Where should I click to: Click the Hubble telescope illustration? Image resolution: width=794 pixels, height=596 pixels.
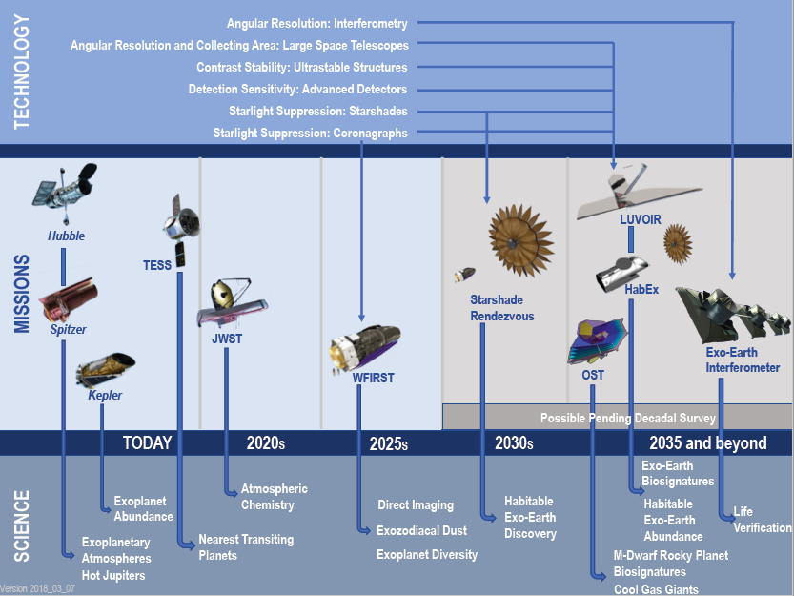click(65, 193)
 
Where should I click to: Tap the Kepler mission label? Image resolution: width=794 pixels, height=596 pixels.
click(105, 395)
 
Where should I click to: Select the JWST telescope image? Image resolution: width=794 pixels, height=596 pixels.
click(232, 303)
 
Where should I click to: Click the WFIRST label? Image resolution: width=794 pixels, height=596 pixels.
click(374, 378)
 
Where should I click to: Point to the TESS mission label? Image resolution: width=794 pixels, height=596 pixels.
click(157, 265)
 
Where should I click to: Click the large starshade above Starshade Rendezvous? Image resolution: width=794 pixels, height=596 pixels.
click(519, 240)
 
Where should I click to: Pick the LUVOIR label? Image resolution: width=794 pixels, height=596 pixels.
click(641, 219)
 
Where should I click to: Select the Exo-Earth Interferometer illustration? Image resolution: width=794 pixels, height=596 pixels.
click(732, 315)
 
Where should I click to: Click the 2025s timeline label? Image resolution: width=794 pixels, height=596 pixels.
click(388, 443)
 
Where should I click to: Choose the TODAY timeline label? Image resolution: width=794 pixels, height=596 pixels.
click(148, 442)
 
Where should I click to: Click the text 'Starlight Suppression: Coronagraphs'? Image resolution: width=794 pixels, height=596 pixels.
click(310, 133)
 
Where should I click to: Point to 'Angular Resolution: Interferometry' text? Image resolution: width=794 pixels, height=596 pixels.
click(317, 23)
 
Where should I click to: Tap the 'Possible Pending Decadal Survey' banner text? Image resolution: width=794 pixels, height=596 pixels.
click(628, 418)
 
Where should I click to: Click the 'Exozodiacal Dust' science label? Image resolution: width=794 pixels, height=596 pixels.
click(421, 530)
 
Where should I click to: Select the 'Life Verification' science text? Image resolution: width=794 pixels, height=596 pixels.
click(763, 520)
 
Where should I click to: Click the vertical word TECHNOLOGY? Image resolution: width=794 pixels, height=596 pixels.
click(21, 72)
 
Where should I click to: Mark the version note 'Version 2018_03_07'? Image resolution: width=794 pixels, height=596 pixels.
click(37, 588)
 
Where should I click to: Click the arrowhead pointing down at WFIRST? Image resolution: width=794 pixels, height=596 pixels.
click(361, 318)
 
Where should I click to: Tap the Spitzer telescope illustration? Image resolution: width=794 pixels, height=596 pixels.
click(68, 299)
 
